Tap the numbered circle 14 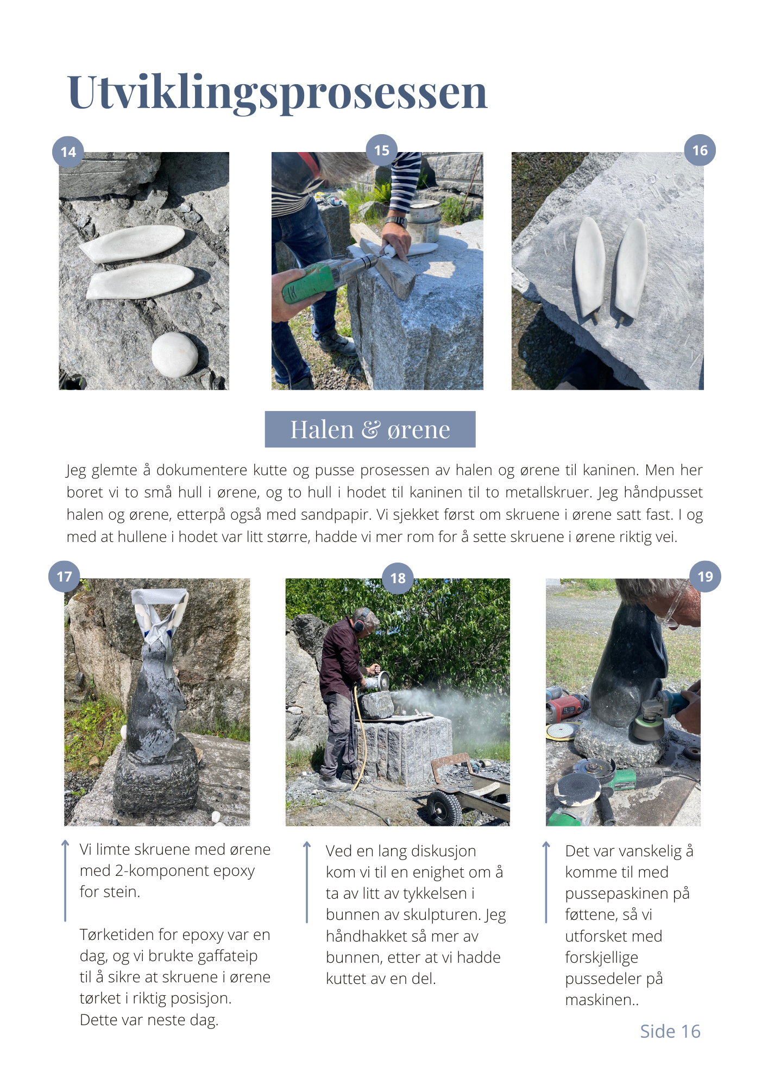click(x=68, y=152)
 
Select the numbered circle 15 click(x=382, y=150)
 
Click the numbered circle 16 click(x=700, y=150)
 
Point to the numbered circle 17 click(x=64, y=576)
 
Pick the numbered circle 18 click(x=398, y=578)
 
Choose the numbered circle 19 click(x=705, y=576)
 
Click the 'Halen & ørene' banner click(x=370, y=429)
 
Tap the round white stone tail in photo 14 click(x=174, y=355)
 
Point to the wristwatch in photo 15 click(x=397, y=222)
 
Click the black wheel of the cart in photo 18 click(x=445, y=808)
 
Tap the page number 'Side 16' click(x=670, y=1031)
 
